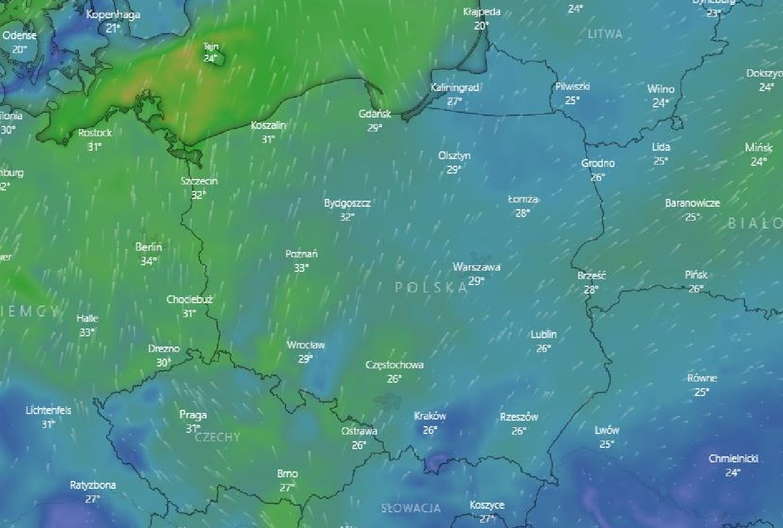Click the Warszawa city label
tap(476, 267)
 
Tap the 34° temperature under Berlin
tap(149, 261)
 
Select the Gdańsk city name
tap(375, 114)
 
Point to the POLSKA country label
tap(431, 288)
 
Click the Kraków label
tap(430, 416)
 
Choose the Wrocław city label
tap(305, 345)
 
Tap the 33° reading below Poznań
tap(301, 268)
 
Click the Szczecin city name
tap(199, 181)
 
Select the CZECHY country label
tap(217, 437)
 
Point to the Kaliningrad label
tap(455, 88)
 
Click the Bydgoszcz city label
tap(347, 203)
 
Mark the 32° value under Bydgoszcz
tap(347, 217)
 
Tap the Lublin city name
tap(543, 335)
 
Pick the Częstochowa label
tap(395, 365)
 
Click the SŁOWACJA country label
tap(411, 508)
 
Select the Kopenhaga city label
tap(113, 14)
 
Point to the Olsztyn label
tap(454, 156)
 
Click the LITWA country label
tap(605, 34)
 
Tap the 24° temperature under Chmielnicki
tap(732, 473)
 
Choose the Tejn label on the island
tap(210, 46)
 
